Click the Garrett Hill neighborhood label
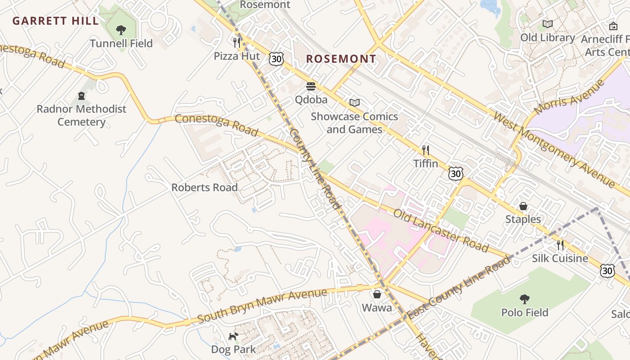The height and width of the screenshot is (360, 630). pyautogui.click(x=56, y=21)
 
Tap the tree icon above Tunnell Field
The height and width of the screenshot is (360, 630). pyautogui.click(x=121, y=30)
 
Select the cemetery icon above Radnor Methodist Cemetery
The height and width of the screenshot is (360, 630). pyautogui.click(x=81, y=95)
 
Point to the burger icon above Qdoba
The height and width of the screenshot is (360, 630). pyautogui.click(x=311, y=86)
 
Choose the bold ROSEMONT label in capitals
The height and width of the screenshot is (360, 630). pyautogui.click(x=341, y=59)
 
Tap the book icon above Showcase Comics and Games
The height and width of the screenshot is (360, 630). pyautogui.click(x=355, y=103)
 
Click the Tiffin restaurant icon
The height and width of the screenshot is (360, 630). pyautogui.click(x=425, y=150)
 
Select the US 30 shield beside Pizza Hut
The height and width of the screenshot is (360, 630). pyautogui.click(x=277, y=58)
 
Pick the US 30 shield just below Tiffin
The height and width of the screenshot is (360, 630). pyautogui.click(x=455, y=173)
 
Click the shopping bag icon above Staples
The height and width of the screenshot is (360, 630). pyautogui.click(x=523, y=206)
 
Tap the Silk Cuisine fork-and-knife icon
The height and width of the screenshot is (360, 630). pyautogui.click(x=560, y=245)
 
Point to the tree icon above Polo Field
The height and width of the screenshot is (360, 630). pyautogui.click(x=524, y=299)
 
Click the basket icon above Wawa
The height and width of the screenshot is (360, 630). pyautogui.click(x=377, y=294)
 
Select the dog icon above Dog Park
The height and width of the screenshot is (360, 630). pyautogui.click(x=233, y=336)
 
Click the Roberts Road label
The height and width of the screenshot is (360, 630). pyautogui.click(x=204, y=187)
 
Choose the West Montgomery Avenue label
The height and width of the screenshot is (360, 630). pyautogui.click(x=554, y=150)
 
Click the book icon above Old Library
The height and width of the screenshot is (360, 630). pyautogui.click(x=548, y=24)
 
